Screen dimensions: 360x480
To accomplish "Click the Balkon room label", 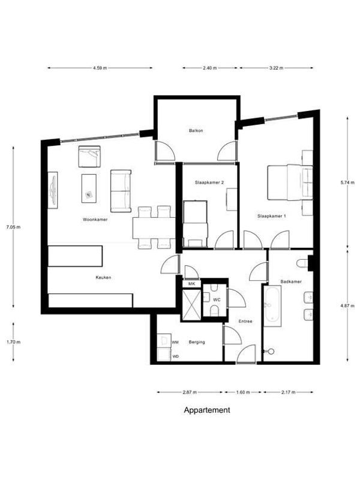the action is click(x=196, y=131).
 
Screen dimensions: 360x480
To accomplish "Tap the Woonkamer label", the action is click(x=95, y=220).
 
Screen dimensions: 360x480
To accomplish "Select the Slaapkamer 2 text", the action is click(x=209, y=182).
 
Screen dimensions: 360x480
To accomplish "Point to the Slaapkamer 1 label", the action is click(x=272, y=216).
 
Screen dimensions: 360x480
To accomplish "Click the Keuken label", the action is click(x=103, y=278).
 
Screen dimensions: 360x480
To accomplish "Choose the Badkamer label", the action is click(x=291, y=281).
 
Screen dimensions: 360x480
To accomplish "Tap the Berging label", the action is click(x=197, y=342).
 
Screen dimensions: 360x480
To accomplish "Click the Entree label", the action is click(x=245, y=322).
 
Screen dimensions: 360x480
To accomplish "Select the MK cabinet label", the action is click(x=191, y=284).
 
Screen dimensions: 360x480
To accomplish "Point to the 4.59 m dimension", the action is click(x=100, y=68).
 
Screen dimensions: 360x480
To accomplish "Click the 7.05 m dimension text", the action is click(x=13, y=227).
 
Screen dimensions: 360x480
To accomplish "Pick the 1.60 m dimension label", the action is click(x=243, y=392).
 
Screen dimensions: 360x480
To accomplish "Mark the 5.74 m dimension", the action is click(x=347, y=183).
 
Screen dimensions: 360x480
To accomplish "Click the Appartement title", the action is click(x=207, y=410).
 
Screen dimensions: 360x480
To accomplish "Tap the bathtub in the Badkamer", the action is click(x=272, y=306).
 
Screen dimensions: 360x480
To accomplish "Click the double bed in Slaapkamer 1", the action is click(x=290, y=182).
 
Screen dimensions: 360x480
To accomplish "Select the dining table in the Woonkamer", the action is click(x=154, y=228).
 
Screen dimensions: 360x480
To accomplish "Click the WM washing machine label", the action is click(x=175, y=342).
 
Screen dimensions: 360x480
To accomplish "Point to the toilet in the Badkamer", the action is click(x=303, y=264).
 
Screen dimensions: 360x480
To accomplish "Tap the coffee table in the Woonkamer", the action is click(x=89, y=188).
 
